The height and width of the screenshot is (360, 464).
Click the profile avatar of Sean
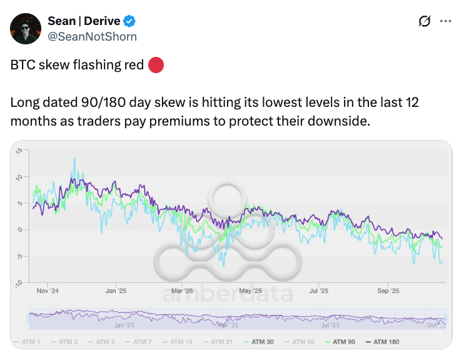[x=26, y=29]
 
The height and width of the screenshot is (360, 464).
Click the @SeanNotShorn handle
[x=92, y=36]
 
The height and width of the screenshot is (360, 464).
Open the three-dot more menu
[x=446, y=21]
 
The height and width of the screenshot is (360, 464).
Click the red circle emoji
[x=156, y=65]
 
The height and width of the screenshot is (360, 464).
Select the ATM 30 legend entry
[x=261, y=342]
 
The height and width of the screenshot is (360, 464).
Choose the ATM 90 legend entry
[x=342, y=342]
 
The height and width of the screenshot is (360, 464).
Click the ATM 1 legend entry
[x=28, y=342]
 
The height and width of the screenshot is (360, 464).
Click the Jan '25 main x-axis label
[x=116, y=291]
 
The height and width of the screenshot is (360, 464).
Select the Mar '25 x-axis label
[x=182, y=291]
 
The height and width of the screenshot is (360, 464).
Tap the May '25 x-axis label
[x=250, y=291]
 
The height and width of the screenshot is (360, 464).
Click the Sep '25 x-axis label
[x=388, y=291]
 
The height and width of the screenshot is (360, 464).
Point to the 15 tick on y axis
[x=19, y=151]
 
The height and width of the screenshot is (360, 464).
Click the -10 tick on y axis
[x=19, y=283]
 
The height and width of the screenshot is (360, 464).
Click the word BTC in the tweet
[x=23, y=65]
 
